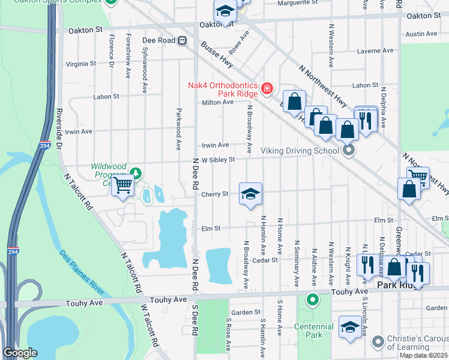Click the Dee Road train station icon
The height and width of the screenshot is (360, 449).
(181, 40)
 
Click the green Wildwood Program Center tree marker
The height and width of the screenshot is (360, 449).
(136, 173)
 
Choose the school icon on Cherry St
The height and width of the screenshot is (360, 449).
(250, 193)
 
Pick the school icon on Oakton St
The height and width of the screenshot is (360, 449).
(224, 11)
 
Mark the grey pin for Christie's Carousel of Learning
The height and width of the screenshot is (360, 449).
(378, 342)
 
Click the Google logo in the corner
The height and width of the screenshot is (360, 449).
(20, 353)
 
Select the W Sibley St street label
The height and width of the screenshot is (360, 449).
(217, 159)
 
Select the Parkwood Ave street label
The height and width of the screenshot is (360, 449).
(178, 129)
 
